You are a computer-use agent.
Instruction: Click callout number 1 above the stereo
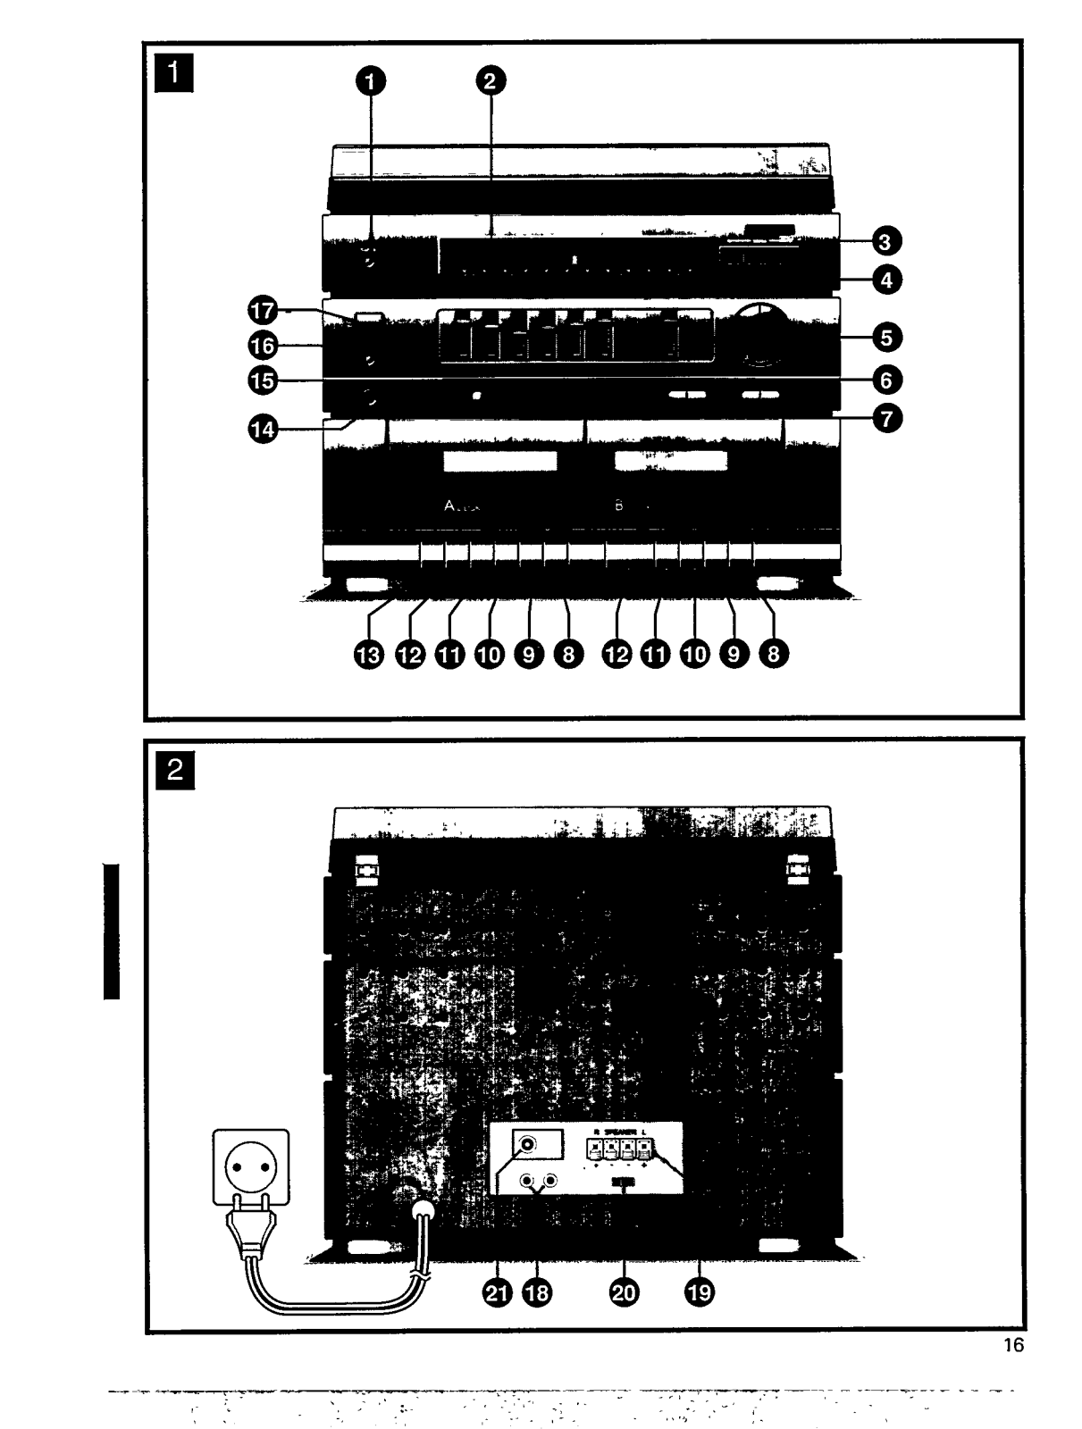tap(372, 81)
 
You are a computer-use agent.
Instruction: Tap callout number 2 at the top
tap(488, 81)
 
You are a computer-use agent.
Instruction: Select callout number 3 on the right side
tap(886, 241)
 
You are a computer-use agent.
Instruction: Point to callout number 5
tap(886, 338)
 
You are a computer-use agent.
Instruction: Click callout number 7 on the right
tap(886, 417)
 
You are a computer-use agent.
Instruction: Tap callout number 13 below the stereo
tap(370, 655)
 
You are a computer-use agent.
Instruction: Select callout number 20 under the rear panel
tap(625, 1292)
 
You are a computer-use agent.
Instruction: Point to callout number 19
tap(700, 1292)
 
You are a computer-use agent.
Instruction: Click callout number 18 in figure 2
tap(538, 1292)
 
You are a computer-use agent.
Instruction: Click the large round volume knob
tap(759, 336)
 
